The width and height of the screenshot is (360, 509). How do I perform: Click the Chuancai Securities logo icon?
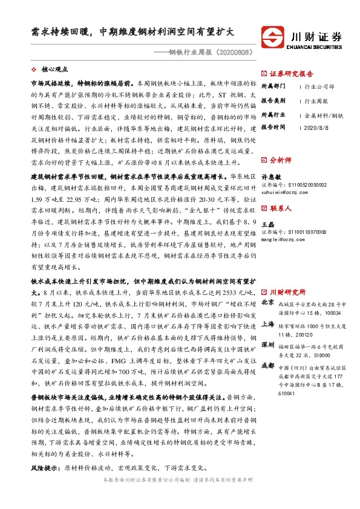pyautogui.click(x=279, y=36)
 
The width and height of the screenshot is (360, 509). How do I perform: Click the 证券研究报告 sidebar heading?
pyautogui.click(x=291, y=74)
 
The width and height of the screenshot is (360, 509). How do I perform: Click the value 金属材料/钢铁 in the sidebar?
pyautogui.click(x=324, y=114)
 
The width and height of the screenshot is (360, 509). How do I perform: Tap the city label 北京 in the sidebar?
pyautogui.click(x=267, y=271)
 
